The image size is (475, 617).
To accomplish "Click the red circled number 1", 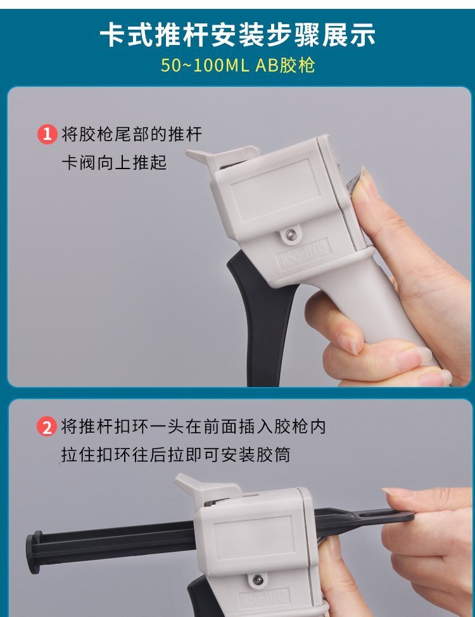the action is coord(47,134).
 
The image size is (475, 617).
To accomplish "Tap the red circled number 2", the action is coord(47,426).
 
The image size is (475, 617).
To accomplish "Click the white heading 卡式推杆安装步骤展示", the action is coord(237,35).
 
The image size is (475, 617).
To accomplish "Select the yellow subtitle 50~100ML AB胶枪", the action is coord(237,65).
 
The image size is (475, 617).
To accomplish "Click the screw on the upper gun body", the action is coord(291,235).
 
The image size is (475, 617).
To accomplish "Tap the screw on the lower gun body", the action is coord(258,580).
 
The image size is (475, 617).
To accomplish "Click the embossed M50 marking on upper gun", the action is coord(303,255).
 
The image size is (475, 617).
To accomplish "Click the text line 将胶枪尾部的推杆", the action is coord(132,134).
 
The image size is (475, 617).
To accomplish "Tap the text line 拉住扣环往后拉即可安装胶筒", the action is coord(175,455).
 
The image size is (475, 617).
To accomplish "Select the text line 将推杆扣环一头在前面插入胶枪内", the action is coord(193,426).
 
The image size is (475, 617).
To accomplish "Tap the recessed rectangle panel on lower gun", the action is coord(254,538).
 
